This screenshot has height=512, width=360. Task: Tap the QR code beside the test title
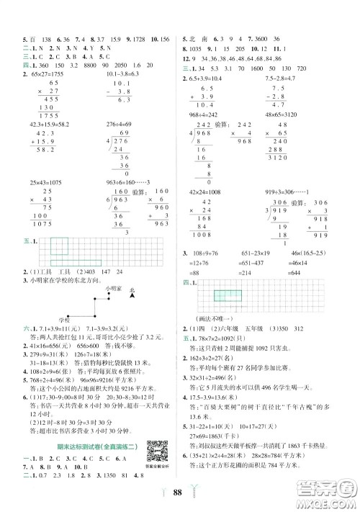click(x=154, y=455)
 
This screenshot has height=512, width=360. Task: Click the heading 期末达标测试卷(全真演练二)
click(x=89, y=450)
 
